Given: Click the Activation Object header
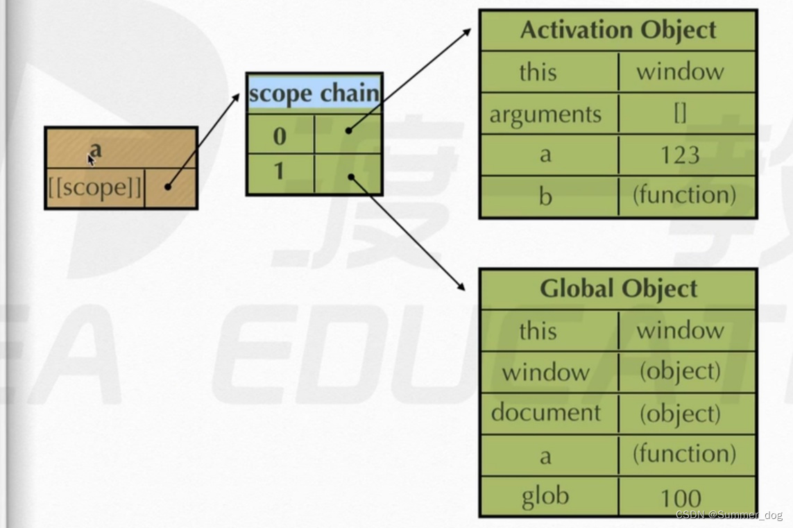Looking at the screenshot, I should [x=617, y=31].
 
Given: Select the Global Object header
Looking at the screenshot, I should [x=617, y=289].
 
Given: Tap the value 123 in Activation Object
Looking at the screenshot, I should [x=680, y=155].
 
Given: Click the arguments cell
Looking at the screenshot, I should [x=545, y=114].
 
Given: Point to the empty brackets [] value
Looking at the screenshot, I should [x=680, y=114].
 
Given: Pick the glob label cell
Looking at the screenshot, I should [x=545, y=496].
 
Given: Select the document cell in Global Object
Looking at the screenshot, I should [x=545, y=413].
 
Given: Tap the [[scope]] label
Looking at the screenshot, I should [x=94, y=187].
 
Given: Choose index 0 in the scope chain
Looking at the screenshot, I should [x=280, y=136].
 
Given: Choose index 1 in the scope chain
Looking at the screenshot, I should [x=280, y=171].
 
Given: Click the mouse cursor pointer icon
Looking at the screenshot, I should [x=91, y=160].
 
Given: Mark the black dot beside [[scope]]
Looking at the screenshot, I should [x=168, y=187].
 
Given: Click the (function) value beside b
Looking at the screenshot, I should [x=684, y=195].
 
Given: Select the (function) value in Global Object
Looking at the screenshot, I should [x=684, y=454].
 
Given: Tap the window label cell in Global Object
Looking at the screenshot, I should [x=545, y=373].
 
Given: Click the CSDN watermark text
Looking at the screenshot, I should [x=728, y=516].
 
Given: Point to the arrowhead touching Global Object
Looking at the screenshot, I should [x=461, y=287].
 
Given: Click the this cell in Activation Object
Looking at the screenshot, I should [x=538, y=72].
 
